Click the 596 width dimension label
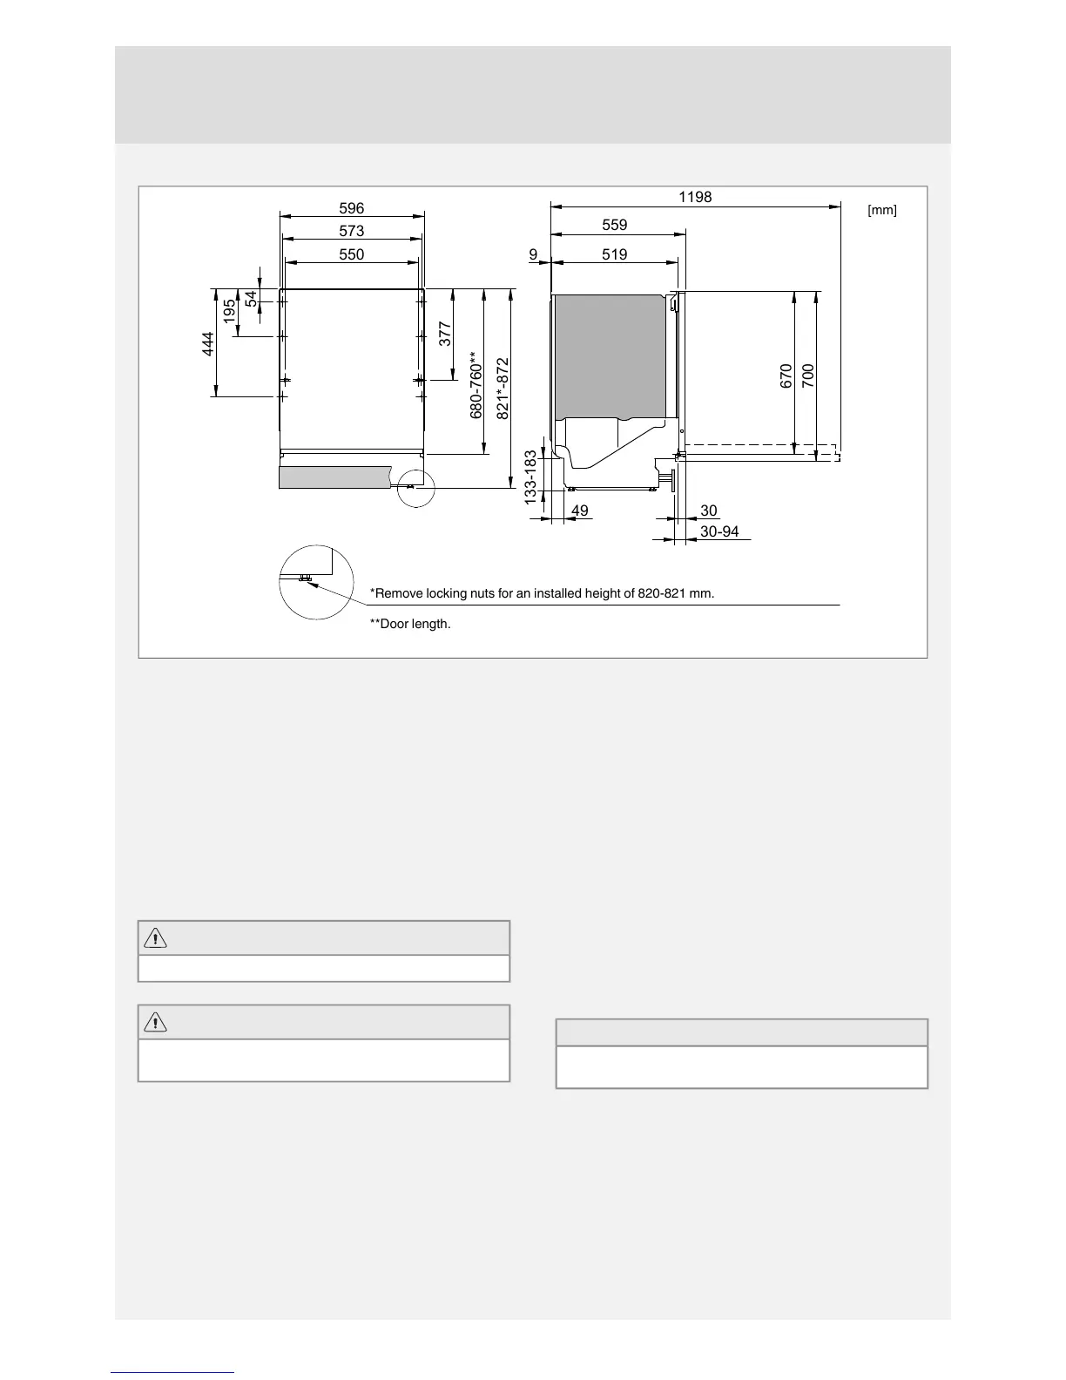[352, 208]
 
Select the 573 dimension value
[352, 231]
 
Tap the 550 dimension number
[352, 254]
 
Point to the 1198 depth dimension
[695, 197]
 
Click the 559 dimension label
[615, 225]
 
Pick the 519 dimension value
[615, 254]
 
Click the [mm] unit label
[882, 211]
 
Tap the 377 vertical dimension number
[445, 335]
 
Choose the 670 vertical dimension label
[786, 376]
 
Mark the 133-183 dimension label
[530, 477]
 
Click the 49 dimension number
[580, 511]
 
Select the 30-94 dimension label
[719, 531]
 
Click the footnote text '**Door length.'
[410, 625]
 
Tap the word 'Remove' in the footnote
[398, 594]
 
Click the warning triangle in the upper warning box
[155, 938]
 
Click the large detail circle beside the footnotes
[316, 582]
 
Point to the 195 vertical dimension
[229, 312]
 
